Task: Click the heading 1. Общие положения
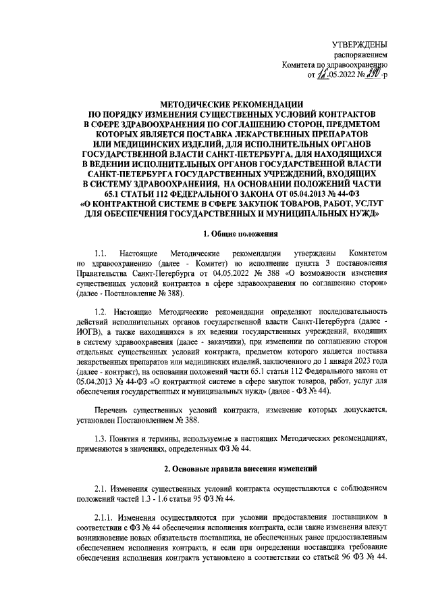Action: coord(229,235)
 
